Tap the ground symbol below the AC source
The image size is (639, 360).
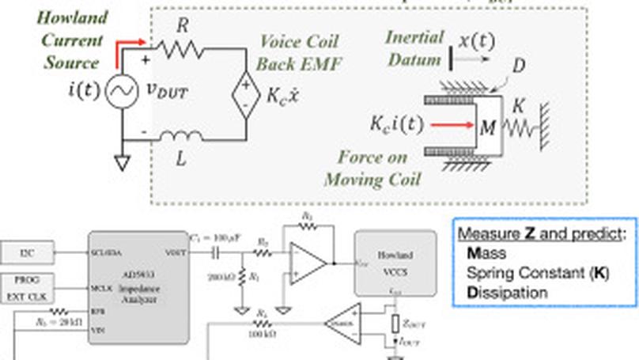[122, 162]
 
